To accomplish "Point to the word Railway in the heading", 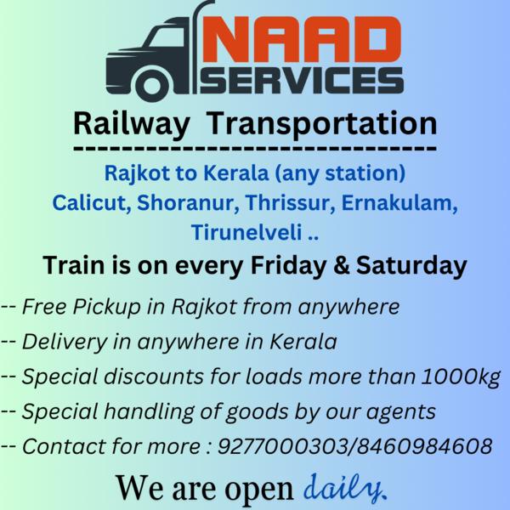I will point(132,124).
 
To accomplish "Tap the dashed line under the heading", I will point(255,150).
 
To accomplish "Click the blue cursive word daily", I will point(343,488).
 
